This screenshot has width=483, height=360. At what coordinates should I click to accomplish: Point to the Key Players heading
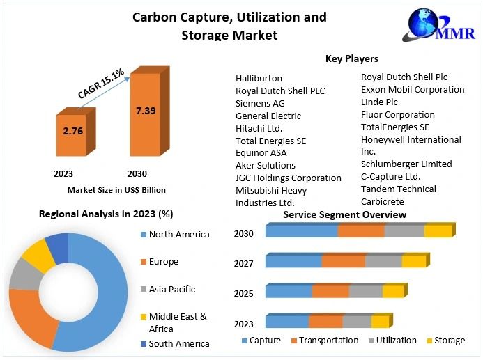tap(352, 58)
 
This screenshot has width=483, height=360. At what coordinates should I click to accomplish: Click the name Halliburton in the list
tap(259, 79)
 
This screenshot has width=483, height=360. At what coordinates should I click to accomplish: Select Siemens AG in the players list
tap(260, 103)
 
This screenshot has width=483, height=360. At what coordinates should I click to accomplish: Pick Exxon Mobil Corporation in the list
tap(413, 90)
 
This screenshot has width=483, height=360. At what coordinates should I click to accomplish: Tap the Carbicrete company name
tap(382, 202)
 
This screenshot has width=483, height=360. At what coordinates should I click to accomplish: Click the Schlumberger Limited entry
tap(406, 164)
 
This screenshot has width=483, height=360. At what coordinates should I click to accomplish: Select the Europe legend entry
tap(163, 262)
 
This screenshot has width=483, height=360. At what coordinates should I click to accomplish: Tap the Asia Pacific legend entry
tap(171, 289)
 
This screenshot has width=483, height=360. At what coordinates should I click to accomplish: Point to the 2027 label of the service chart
tap(244, 263)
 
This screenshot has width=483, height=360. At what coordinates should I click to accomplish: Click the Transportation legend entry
tap(325, 341)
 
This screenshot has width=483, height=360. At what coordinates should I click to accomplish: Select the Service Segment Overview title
tap(344, 215)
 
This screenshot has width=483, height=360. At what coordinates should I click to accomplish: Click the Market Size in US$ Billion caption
tap(116, 189)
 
